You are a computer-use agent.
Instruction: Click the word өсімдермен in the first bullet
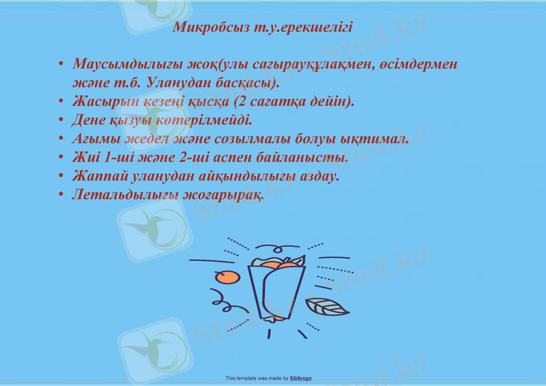click(418, 65)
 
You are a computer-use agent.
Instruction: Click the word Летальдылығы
click(120, 194)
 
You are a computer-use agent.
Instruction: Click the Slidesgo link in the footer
click(300, 378)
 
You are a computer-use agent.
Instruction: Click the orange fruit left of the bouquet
click(226, 277)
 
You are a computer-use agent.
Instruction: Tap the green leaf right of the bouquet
click(326, 307)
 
